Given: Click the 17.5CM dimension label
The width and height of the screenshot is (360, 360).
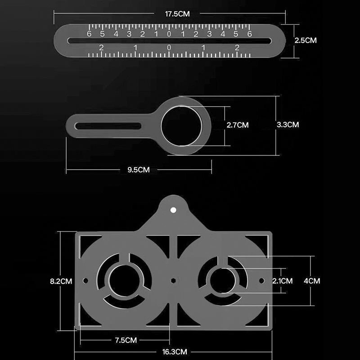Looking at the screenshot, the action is [x=177, y=14].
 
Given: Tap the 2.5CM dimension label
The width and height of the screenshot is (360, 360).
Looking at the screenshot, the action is [x=306, y=40].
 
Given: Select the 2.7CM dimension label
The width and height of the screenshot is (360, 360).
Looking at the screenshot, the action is [x=238, y=125].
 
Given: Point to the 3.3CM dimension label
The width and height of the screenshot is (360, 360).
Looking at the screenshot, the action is [x=288, y=125].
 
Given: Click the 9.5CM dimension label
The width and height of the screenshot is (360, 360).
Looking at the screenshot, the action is [x=139, y=170].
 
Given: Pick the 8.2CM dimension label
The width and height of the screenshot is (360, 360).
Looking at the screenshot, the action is [x=61, y=281].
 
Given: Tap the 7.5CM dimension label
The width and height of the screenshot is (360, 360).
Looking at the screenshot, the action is [x=126, y=340].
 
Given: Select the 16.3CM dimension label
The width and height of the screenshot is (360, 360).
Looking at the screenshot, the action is [x=175, y=352].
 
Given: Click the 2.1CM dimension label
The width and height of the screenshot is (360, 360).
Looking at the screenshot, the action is [x=283, y=281].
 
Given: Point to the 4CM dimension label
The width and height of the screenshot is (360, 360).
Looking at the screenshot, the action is [x=312, y=281].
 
